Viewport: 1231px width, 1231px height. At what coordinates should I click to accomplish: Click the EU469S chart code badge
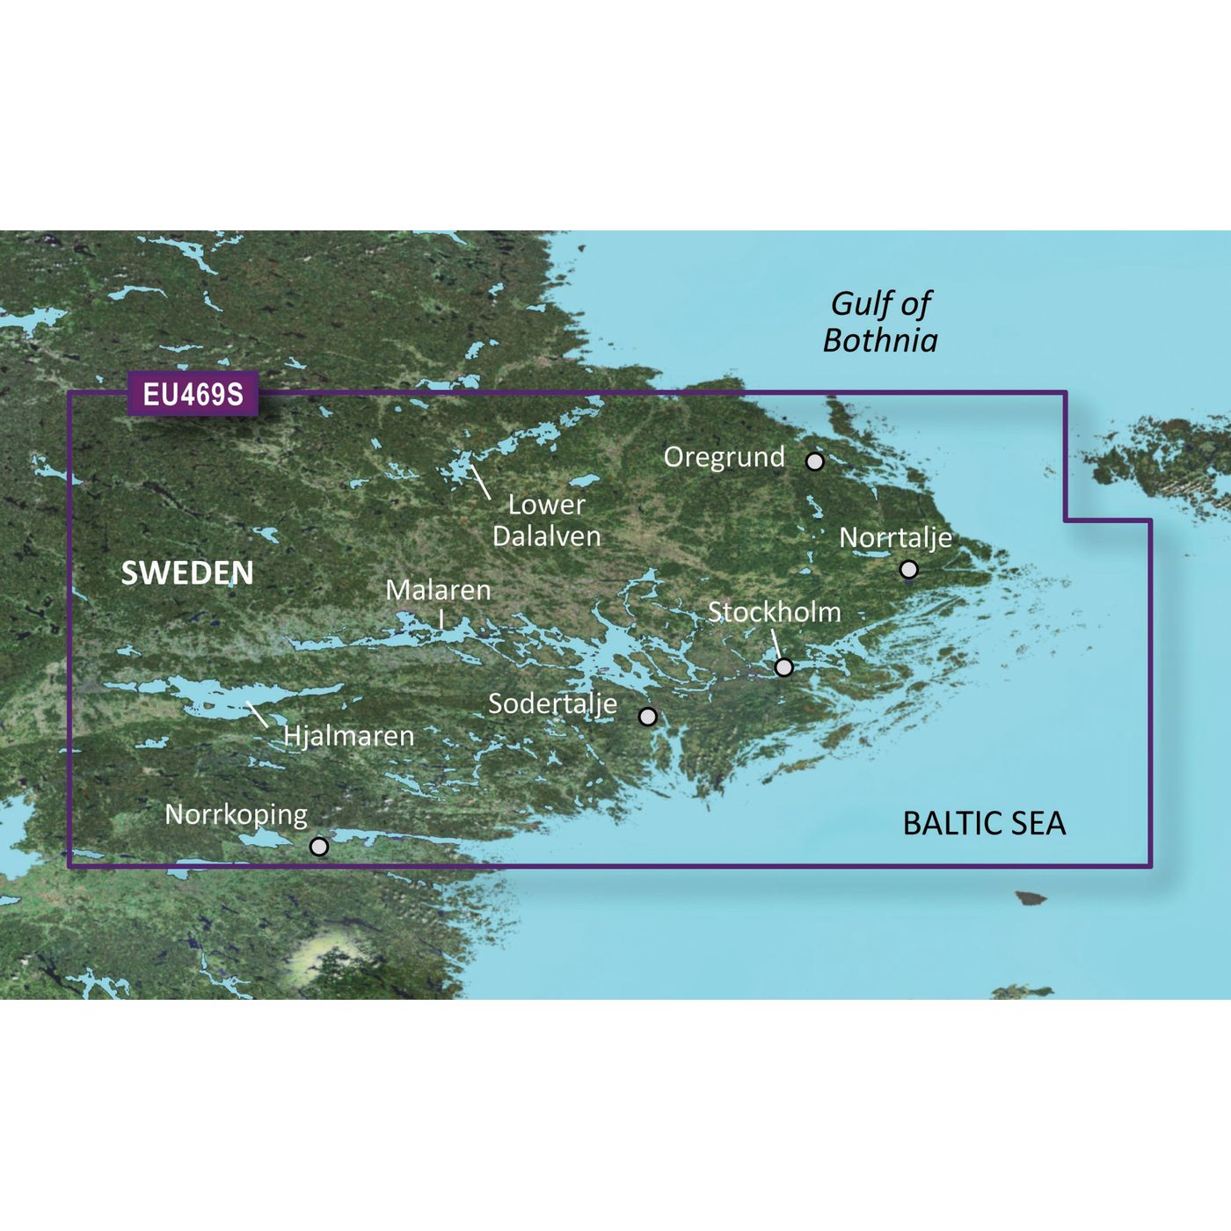[193, 395]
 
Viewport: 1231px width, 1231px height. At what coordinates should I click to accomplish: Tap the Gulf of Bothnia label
[880, 322]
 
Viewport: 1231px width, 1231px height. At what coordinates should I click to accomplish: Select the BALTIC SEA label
[984, 823]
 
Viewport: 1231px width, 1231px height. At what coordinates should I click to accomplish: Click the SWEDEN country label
[187, 573]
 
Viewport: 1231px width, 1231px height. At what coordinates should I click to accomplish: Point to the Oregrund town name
[724, 457]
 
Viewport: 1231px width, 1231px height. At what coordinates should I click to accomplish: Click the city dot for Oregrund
[815, 461]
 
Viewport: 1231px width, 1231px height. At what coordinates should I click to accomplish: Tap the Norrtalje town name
[895, 537]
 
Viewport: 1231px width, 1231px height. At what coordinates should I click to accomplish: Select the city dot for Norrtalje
[909, 570]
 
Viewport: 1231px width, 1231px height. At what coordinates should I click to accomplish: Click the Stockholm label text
[774, 612]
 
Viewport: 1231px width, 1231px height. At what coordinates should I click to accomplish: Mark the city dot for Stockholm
[783, 667]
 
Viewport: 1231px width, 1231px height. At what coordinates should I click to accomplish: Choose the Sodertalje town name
[552, 703]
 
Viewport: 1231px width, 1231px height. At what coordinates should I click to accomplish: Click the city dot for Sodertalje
[648, 717]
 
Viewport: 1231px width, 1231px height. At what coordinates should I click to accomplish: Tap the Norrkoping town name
[236, 815]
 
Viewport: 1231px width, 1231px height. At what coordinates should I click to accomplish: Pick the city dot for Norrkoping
[319, 847]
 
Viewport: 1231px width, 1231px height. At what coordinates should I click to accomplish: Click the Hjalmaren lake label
[348, 735]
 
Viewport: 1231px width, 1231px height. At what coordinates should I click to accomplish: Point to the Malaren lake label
[438, 590]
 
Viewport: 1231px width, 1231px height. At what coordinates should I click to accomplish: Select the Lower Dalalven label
[546, 521]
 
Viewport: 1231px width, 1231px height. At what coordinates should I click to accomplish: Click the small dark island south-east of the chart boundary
[1031, 899]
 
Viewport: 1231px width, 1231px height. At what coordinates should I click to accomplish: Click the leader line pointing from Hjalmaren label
[257, 714]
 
